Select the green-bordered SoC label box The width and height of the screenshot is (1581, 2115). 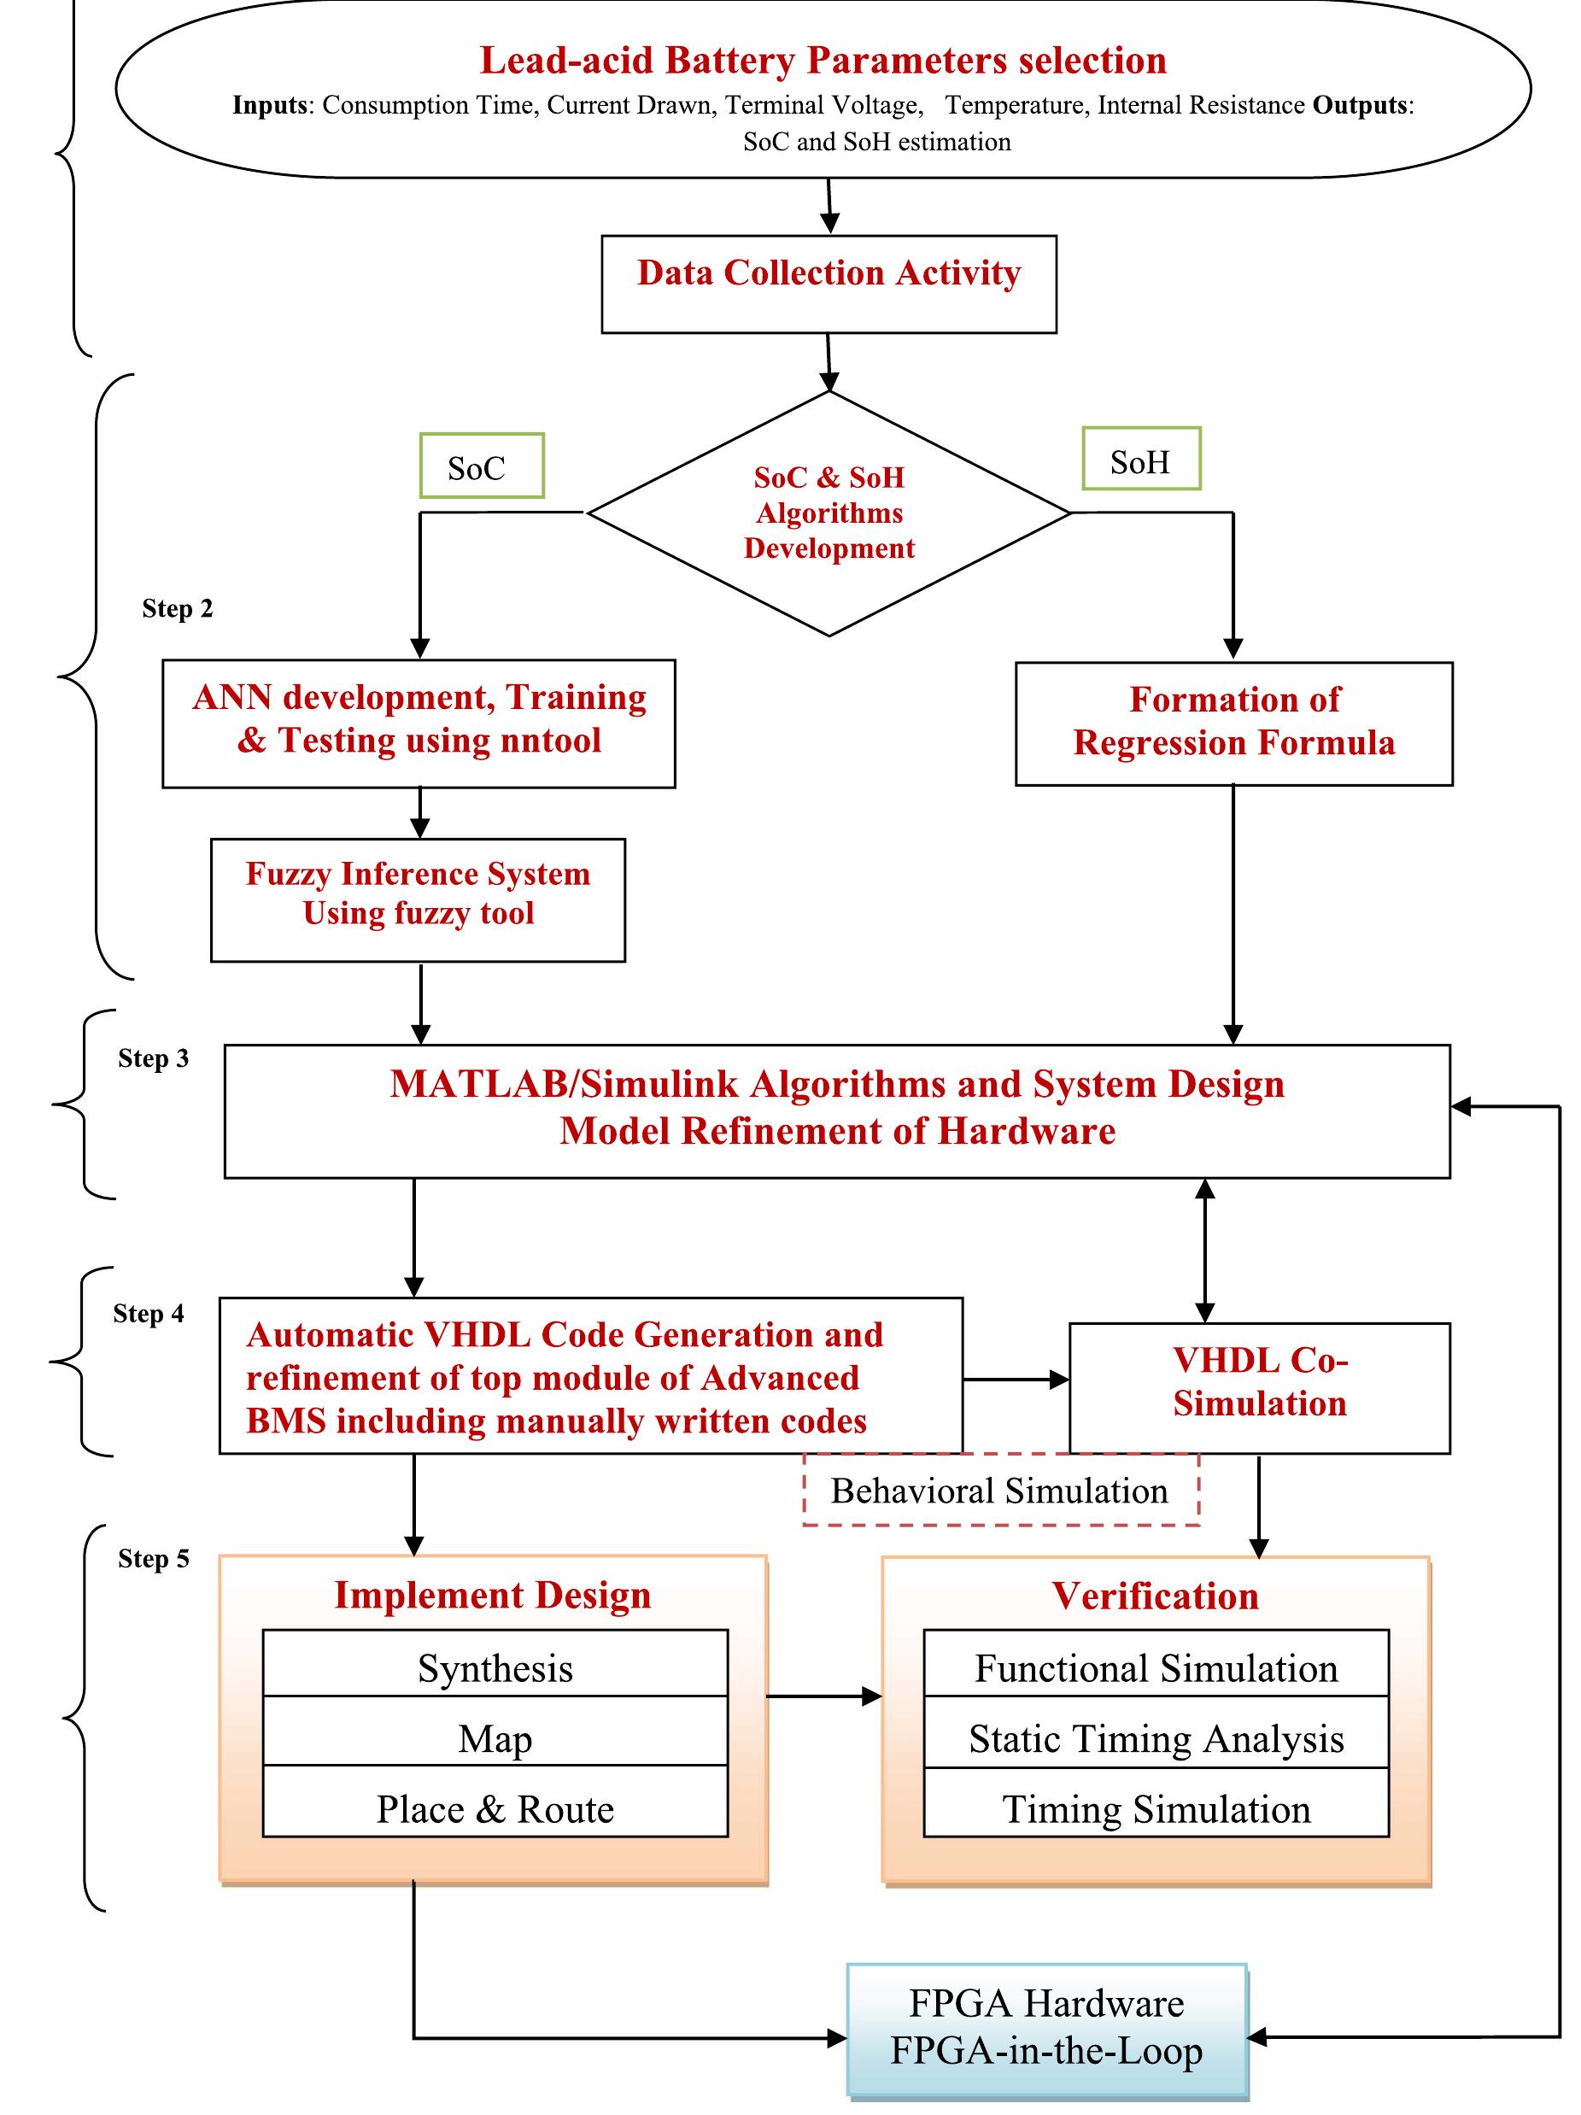click(482, 466)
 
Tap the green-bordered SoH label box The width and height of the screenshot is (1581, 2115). click(1140, 460)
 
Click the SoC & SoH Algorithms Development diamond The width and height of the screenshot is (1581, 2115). click(829, 513)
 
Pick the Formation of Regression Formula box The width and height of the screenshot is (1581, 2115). click(1233, 723)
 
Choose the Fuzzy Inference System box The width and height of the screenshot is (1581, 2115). click(418, 899)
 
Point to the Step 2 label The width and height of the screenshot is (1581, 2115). click(177, 609)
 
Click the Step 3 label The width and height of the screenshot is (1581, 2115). click(153, 1058)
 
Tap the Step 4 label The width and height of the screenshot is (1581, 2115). click(148, 1314)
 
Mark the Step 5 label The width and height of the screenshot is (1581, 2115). click(153, 1559)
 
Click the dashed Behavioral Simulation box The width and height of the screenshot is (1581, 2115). click(1000, 1491)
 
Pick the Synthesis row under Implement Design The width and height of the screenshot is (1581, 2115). click(495, 1667)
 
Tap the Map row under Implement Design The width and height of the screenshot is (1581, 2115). click(495, 1738)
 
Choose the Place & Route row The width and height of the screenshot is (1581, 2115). click(495, 1808)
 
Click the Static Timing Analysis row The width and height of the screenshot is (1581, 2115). click(1156, 1738)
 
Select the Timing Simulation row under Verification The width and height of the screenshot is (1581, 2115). click(1156, 1808)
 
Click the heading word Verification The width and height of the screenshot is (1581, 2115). click(1155, 1596)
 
